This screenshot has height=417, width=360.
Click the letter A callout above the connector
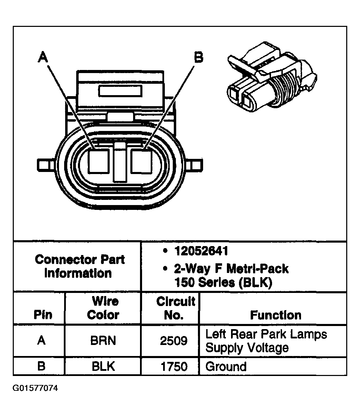tap(42, 57)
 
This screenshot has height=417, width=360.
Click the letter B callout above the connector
tap(198, 57)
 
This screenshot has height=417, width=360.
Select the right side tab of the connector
tap(196, 164)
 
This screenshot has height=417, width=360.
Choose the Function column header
tap(276, 315)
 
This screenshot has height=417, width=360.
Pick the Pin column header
tap(43, 315)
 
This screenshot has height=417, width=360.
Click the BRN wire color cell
tap(103, 341)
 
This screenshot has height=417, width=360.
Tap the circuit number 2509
tap(174, 341)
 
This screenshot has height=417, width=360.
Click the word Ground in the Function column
tap(226, 366)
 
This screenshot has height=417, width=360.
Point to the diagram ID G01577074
tap(36, 388)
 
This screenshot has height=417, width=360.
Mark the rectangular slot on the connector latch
tap(120, 91)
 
